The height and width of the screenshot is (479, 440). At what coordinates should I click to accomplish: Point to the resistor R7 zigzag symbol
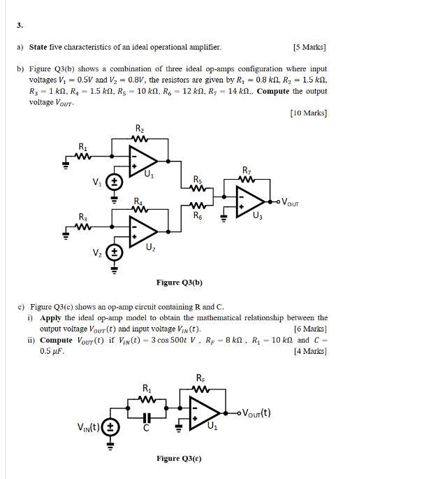(x=246, y=180)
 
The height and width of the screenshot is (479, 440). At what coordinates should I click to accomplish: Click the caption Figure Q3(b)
(x=179, y=283)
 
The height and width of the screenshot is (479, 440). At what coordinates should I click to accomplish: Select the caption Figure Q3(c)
(x=179, y=459)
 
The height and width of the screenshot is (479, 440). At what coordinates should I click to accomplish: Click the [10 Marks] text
(x=308, y=113)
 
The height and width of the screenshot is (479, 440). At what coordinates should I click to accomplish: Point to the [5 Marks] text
(x=310, y=48)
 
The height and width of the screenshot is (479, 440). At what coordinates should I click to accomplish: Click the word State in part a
(x=38, y=48)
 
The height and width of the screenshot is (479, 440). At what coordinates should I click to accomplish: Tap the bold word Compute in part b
(x=273, y=91)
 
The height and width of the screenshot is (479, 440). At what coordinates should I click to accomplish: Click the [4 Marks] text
(x=311, y=351)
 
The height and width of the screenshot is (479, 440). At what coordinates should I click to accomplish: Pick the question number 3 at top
(x=20, y=26)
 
